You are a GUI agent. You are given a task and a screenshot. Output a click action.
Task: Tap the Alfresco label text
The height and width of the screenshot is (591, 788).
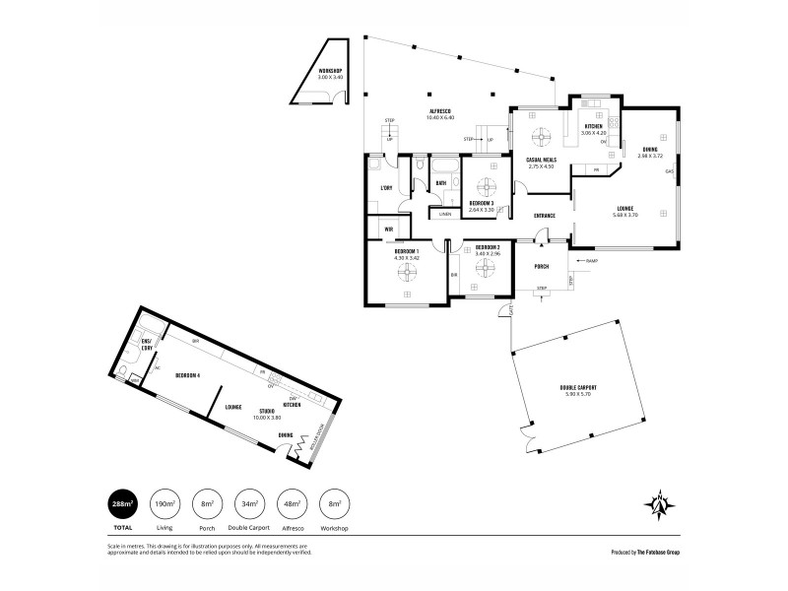pyautogui.click(x=440, y=111)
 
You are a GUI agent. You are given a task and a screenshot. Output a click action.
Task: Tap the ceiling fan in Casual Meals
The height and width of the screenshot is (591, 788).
pyautogui.click(x=541, y=137)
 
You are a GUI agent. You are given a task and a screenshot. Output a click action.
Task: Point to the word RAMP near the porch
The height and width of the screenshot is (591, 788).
pyautogui.click(x=591, y=260)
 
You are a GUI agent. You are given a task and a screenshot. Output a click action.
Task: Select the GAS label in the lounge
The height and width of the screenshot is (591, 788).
pyautogui.click(x=669, y=172)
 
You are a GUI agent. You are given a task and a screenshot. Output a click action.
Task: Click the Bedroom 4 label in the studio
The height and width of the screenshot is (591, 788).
pyautogui.click(x=187, y=375)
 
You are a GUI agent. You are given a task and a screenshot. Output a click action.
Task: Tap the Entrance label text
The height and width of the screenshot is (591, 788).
pyautogui.click(x=545, y=215)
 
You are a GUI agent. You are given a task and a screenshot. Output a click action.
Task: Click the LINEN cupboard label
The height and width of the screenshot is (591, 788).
pyautogui.click(x=445, y=214)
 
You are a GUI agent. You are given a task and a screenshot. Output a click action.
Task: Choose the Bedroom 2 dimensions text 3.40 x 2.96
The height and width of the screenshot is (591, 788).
pyautogui.click(x=489, y=254)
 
